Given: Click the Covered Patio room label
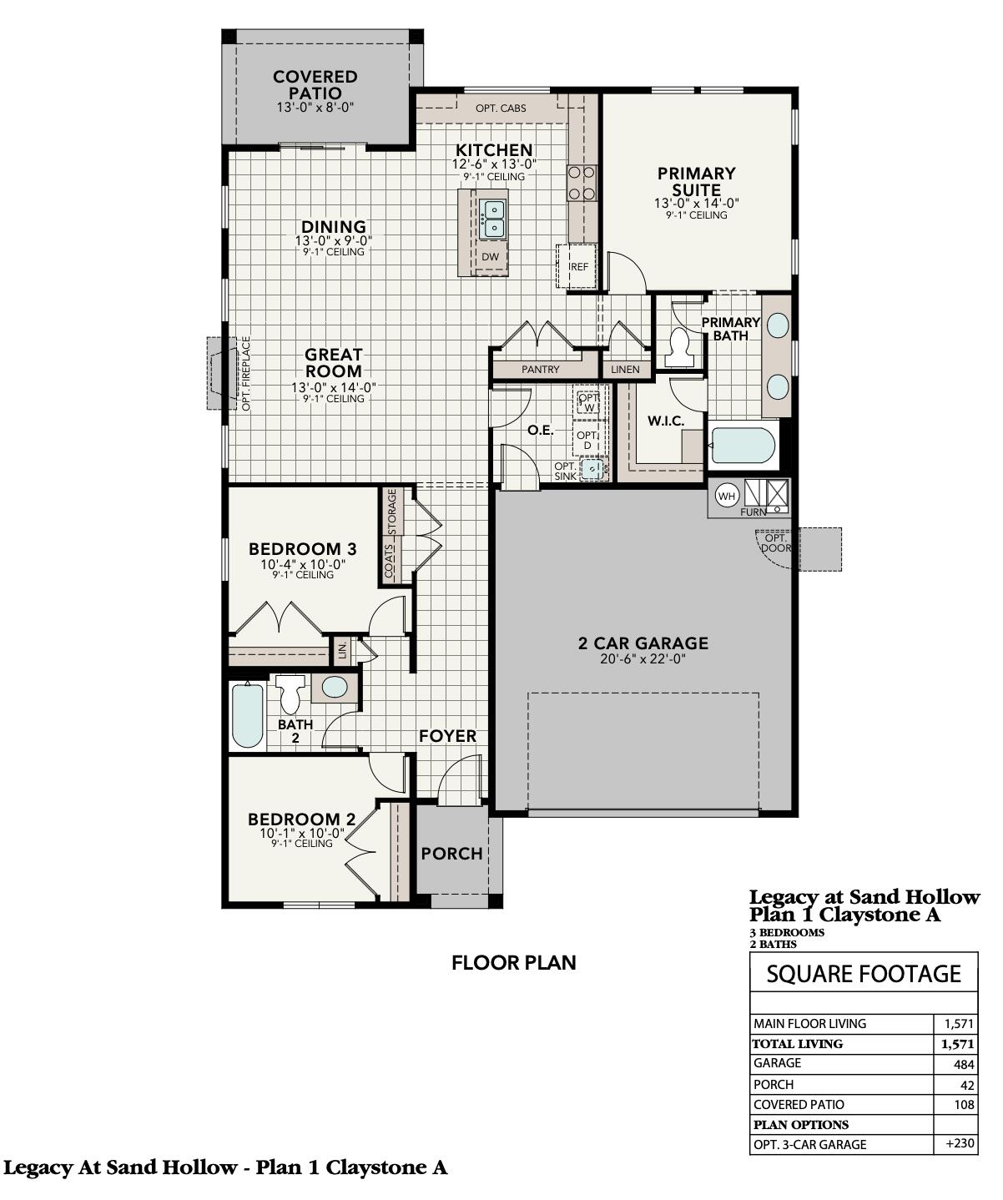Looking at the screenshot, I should click(315, 84).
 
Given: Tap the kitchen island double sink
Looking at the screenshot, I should click(491, 218).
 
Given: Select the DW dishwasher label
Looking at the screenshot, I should click(490, 257).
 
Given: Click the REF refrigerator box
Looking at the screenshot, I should click(578, 265).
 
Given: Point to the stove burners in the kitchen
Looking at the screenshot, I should click(582, 184).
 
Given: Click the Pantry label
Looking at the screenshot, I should click(540, 369).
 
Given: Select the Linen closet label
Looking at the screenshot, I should click(625, 369).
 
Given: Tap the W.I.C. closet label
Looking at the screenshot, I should click(666, 421).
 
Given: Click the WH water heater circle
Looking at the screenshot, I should click(728, 496).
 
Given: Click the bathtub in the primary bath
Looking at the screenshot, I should click(743, 446).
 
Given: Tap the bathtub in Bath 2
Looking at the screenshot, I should click(247, 715).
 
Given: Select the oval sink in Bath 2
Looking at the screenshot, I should click(335, 688).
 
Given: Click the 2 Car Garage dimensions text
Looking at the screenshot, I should click(643, 658).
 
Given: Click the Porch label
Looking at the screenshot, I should click(451, 854).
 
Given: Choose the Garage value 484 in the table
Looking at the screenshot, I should click(963, 1064).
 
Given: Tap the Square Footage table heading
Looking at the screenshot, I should click(864, 974).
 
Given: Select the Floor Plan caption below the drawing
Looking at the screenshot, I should click(513, 962).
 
